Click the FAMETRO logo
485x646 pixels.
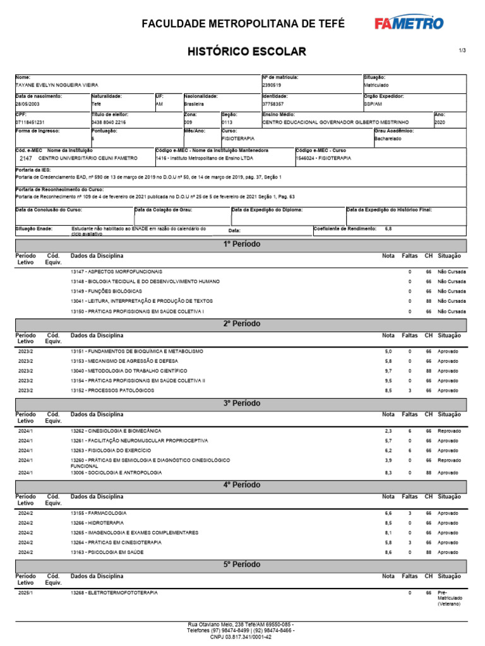coord(409,23)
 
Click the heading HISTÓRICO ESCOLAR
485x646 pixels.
coord(247,51)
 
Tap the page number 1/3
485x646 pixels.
coord(462,50)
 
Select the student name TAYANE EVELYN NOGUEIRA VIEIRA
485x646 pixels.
coord(57,85)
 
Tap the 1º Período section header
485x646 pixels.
coord(241,244)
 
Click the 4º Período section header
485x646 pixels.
coord(241,485)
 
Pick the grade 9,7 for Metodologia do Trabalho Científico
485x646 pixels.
coord(388,371)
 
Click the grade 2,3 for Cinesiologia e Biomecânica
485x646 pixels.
coord(388,431)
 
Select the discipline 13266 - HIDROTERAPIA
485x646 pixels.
coord(97,523)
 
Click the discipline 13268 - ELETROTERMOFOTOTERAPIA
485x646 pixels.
coord(114,594)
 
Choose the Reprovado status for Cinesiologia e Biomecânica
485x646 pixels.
coord(450,431)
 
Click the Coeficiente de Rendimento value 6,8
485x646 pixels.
coord(388,228)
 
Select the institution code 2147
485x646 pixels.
coord(26,160)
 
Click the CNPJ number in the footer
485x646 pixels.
coord(241,637)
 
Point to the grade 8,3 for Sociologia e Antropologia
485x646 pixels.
coord(388,473)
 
